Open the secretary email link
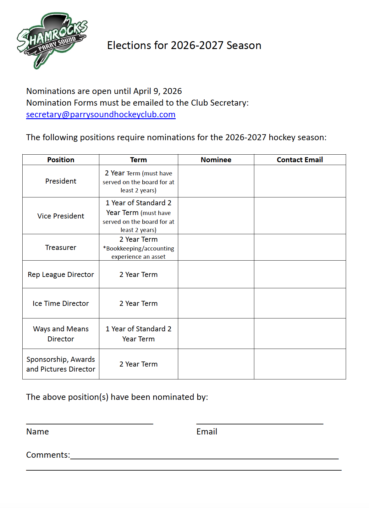(x=101, y=114)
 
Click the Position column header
(x=61, y=160)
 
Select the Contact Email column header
(x=300, y=160)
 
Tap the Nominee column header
(x=216, y=160)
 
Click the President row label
(x=61, y=181)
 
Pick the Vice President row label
(x=61, y=216)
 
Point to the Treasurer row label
(x=61, y=247)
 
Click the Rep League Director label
(x=61, y=274)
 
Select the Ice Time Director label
(x=61, y=303)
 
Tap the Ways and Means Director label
(x=61, y=334)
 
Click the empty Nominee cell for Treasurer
(x=216, y=247)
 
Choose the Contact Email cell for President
(x=300, y=181)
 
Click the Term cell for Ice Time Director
(x=138, y=303)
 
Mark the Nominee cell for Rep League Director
(x=216, y=274)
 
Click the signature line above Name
(x=90, y=423)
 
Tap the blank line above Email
(x=260, y=423)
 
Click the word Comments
(x=47, y=455)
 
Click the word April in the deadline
(x=142, y=91)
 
